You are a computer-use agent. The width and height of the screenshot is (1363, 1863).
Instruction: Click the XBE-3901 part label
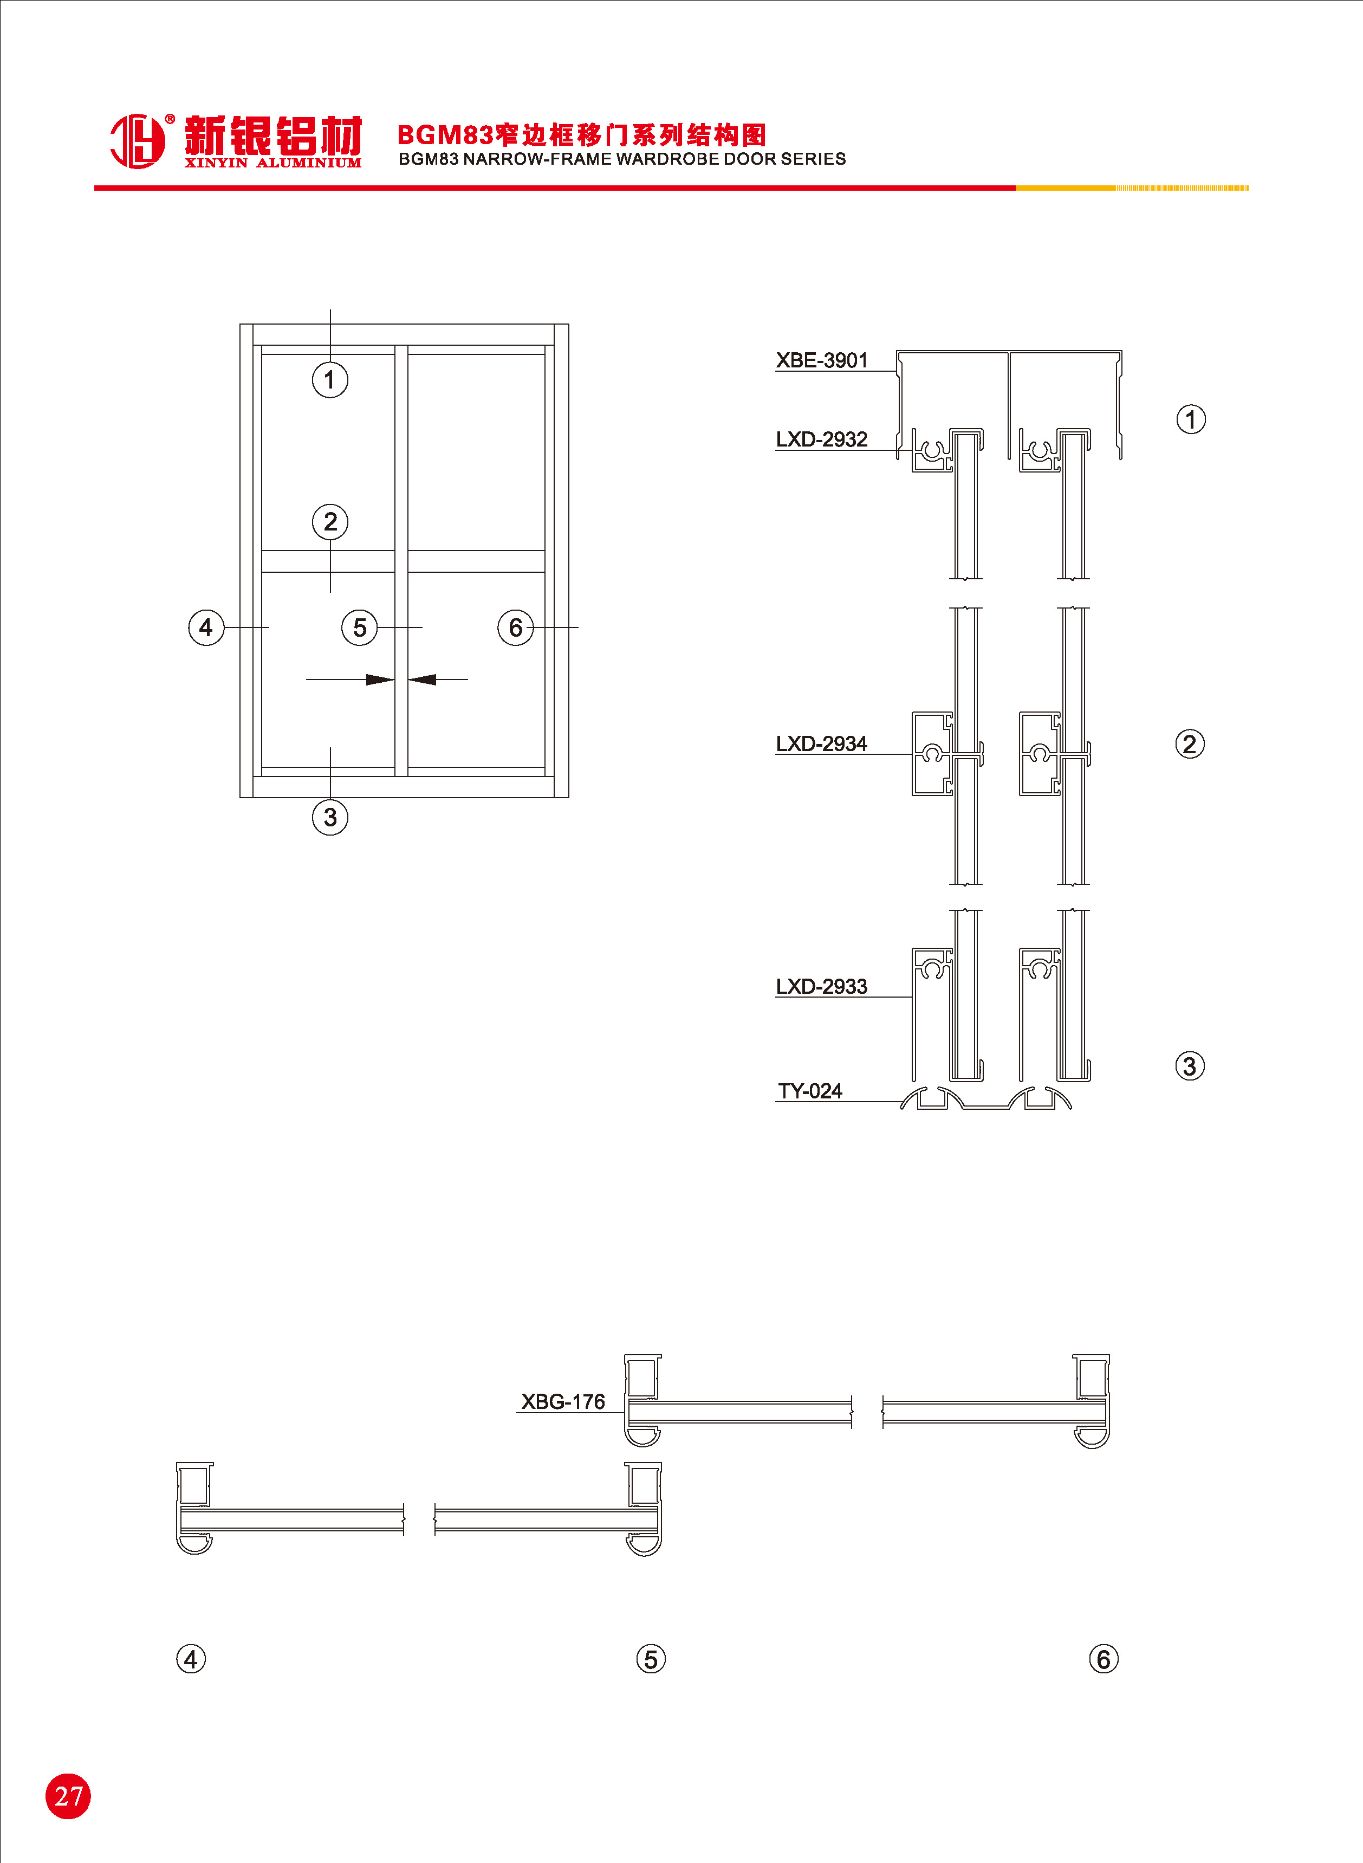(x=822, y=360)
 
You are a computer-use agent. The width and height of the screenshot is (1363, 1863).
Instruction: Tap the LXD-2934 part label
(x=822, y=743)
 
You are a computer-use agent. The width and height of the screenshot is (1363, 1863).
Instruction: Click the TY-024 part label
(x=810, y=1091)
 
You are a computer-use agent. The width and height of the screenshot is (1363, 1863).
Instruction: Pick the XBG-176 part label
(x=563, y=1402)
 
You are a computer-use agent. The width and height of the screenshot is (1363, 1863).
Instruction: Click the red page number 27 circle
(x=68, y=1796)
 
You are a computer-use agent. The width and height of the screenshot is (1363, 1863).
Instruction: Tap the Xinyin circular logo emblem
(x=138, y=140)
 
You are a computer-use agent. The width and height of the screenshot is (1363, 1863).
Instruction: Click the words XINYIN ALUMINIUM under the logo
(x=273, y=163)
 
